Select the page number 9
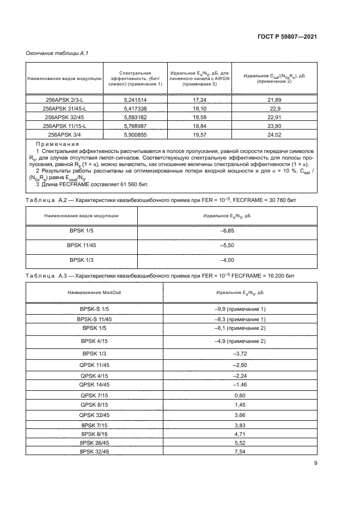315,463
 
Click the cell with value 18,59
199,116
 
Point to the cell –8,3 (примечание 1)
240,319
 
